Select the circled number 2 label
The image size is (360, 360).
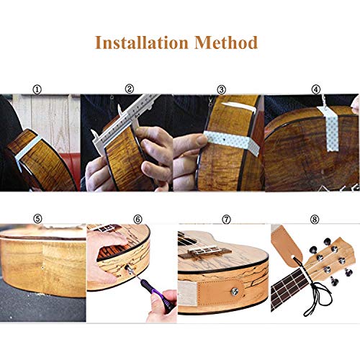point(130,89)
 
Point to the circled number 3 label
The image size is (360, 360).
point(221,89)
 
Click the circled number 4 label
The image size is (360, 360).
point(315,89)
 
